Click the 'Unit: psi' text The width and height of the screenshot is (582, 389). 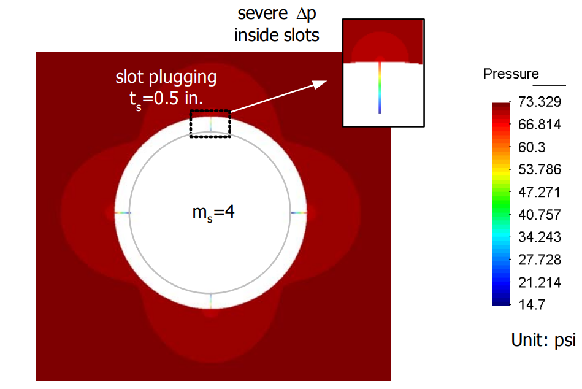543,340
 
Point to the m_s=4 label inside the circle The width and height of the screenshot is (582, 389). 211,214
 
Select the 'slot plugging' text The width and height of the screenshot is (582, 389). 166,78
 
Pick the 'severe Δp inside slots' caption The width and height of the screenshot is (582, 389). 277,25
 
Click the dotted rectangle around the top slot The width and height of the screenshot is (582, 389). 210,125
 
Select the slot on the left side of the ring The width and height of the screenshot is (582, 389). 122,212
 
